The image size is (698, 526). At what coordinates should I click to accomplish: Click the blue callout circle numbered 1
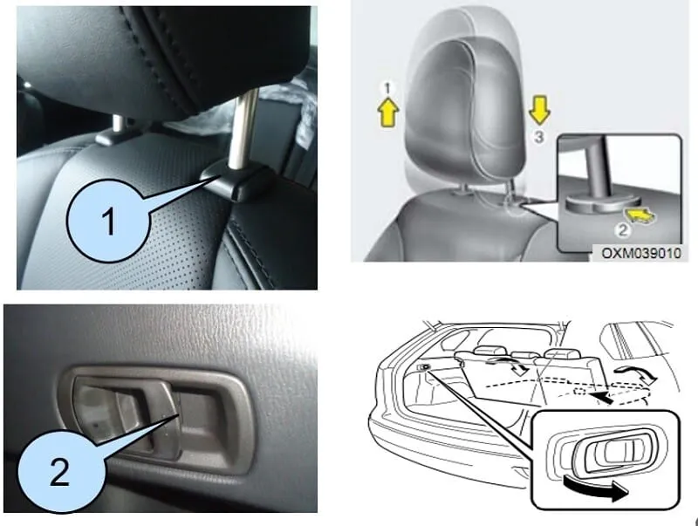click(109, 222)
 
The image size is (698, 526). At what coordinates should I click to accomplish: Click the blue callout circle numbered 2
click(58, 471)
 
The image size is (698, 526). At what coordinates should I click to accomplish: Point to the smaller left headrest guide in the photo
click(113, 134)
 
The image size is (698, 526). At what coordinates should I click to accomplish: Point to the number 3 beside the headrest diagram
click(540, 137)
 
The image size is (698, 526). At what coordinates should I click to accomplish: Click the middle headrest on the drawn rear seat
click(523, 355)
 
